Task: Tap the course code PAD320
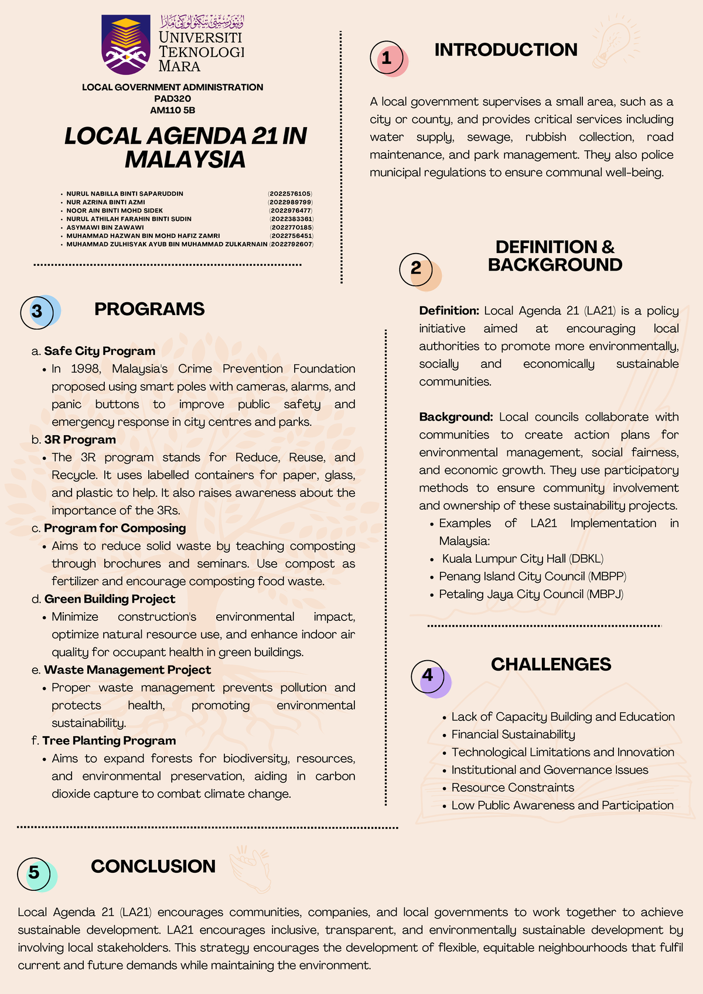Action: pyautogui.click(x=172, y=98)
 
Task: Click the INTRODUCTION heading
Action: pyautogui.click(x=506, y=50)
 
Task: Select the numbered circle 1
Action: pyautogui.click(x=387, y=58)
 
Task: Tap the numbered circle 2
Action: pyautogui.click(x=416, y=269)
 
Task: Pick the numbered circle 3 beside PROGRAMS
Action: pyautogui.click(x=37, y=312)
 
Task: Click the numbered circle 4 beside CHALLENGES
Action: pyautogui.click(x=428, y=676)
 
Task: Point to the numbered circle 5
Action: pyautogui.click(x=35, y=873)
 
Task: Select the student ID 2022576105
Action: pyautogui.click(x=291, y=193)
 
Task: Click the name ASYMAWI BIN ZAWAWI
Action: pyautogui.click(x=105, y=227)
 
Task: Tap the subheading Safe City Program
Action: pyautogui.click(x=100, y=351)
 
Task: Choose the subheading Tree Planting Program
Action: pyautogui.click(x=109, y=740)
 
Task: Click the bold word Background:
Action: pyautogui.click(x=456, y=417)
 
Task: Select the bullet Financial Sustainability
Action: pyautogui.click(x=513, y=735)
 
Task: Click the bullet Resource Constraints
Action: pyautogui.click(x=513, y=787)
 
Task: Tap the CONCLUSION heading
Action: pyautogui.click(x=153, y=866)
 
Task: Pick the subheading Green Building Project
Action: pyautogui.click(x=110, y=599)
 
